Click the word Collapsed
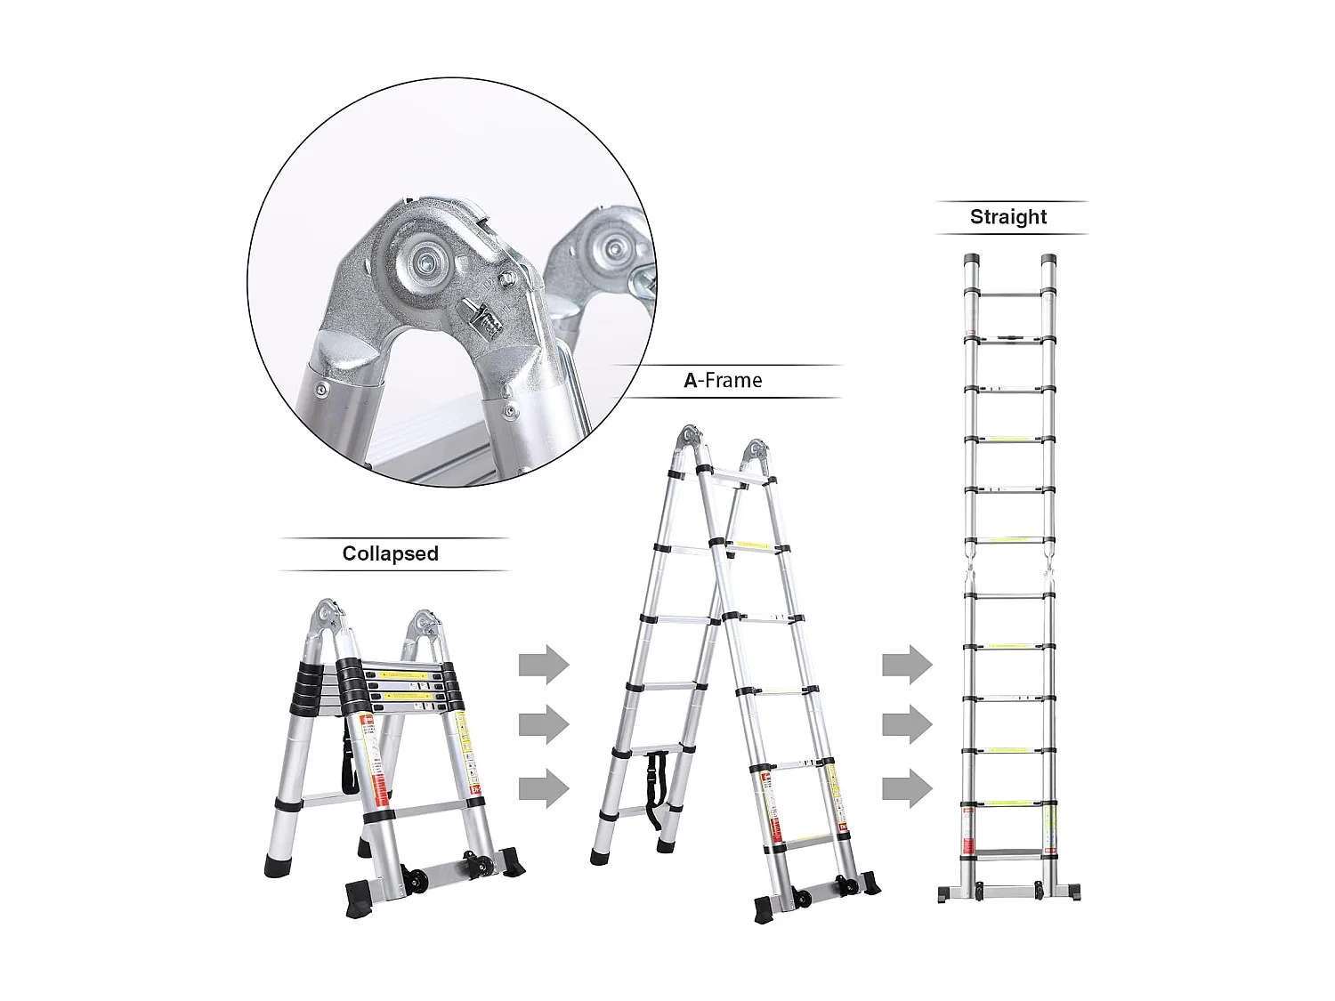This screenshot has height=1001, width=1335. (390, 553)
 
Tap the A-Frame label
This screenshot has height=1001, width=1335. (723, 381)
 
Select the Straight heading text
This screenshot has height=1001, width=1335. (1008, 217)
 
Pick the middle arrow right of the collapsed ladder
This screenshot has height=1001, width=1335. (543, 725)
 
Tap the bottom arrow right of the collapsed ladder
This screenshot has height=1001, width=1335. (543, 787)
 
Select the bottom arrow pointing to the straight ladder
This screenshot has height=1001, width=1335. (907, 788)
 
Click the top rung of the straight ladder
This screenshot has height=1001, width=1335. (1009, 292)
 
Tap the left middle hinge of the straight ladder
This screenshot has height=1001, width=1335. (970, 568)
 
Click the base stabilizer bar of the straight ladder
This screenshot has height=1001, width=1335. (1009, 891)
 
